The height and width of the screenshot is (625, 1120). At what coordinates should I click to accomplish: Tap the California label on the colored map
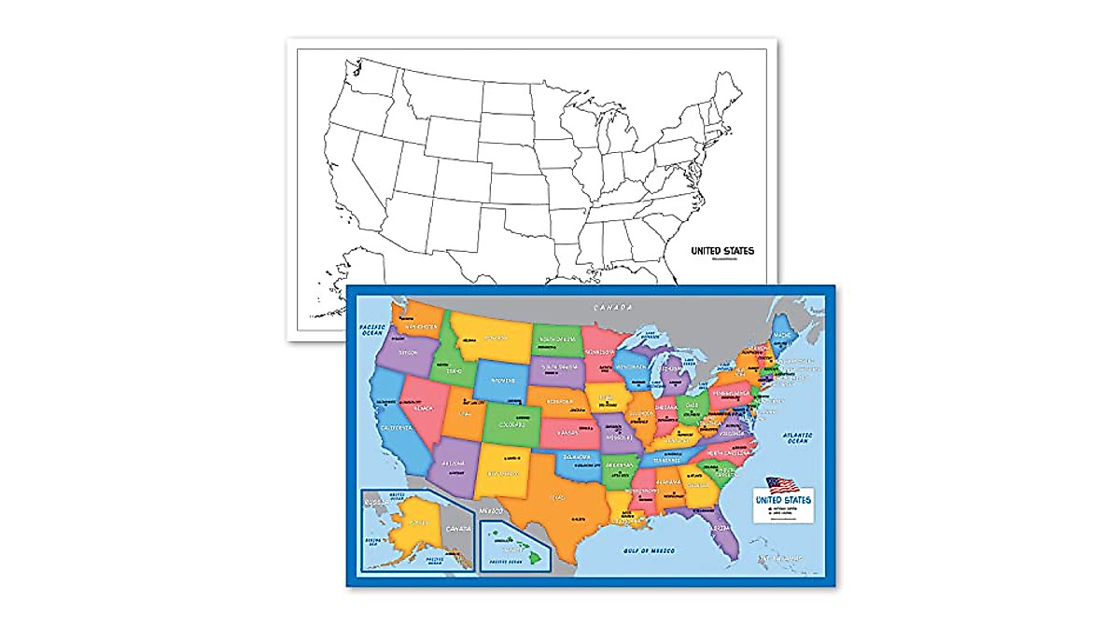coord(396,428)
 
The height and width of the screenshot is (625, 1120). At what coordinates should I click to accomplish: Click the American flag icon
coord(783,485)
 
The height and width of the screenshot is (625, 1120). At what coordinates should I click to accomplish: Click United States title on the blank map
coord(721,250)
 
